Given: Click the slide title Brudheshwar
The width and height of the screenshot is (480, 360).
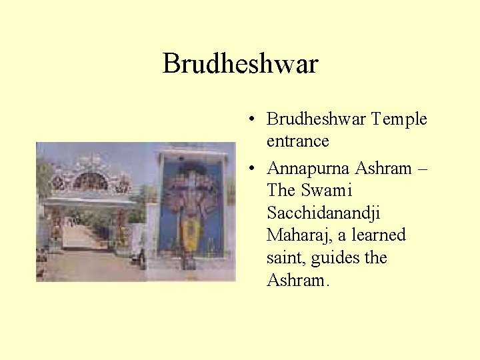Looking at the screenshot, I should tap(240, 64).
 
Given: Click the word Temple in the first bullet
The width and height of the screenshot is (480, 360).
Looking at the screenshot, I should tap(399, 119).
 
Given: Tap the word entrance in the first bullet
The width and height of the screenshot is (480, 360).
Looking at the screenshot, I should tap(297, 141).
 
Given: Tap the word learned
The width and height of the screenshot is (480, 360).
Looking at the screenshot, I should tap(379, 235).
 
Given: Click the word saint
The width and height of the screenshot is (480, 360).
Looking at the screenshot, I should tap(284, 258).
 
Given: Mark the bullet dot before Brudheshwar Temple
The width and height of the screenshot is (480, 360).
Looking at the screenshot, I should tap(248, 119).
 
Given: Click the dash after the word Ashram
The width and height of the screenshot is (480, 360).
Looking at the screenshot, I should tap(421, 169).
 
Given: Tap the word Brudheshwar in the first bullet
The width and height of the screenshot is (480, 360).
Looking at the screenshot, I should tap(316, 119).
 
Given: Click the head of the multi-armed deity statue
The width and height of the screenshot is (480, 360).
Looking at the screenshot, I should tap(192, 179).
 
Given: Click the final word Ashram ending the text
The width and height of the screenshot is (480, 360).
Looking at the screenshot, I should tap(295, 281).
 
